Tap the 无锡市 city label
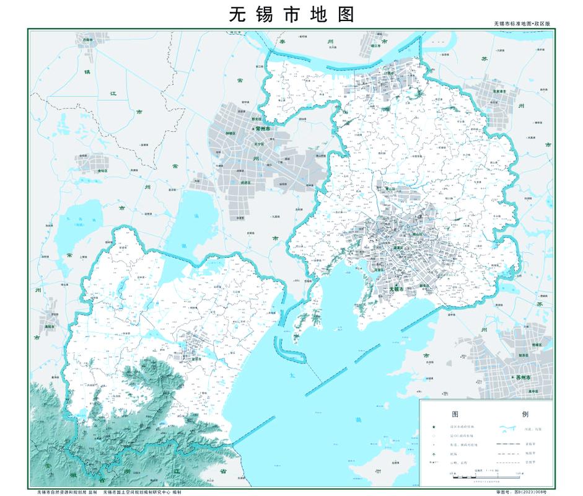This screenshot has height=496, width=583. pyautogui.click(x=397, y=290)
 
